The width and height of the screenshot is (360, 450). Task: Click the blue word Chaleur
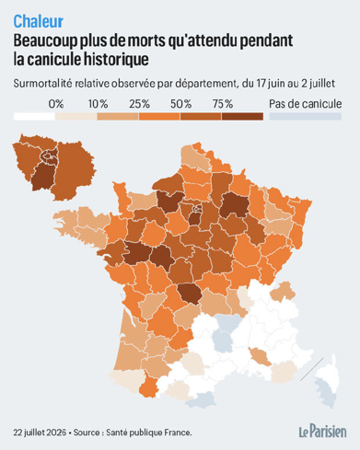(39, 21)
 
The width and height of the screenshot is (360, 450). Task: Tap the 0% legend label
(56, 104)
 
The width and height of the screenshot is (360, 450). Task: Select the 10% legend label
(98, 104)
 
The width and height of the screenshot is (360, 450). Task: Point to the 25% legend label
(140, 104)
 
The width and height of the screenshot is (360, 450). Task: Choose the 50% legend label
(181, 104)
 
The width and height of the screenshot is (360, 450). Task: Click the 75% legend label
(223, 104)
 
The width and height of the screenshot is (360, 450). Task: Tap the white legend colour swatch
(34, 117)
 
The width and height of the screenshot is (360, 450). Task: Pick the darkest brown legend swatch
(242, 117)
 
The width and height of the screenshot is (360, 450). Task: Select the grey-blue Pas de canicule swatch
(306, 117)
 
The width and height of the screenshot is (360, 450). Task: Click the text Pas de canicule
(306, 104)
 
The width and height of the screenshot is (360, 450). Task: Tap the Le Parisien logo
(323, 432)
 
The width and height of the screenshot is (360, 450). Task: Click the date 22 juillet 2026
(40, 433)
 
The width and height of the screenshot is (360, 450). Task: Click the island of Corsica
(327, 382)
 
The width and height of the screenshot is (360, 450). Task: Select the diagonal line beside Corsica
(312, 369)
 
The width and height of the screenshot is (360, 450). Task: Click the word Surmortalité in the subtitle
(43, 84)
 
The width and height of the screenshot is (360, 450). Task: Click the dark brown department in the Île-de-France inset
(43, 176)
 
